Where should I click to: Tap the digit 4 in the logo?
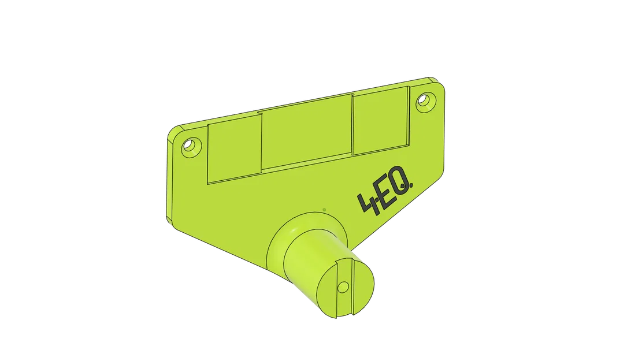click(x=368, y=204)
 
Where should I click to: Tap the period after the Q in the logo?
click(x=411, y=188)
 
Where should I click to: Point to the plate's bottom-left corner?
click(x=172, y=222)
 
